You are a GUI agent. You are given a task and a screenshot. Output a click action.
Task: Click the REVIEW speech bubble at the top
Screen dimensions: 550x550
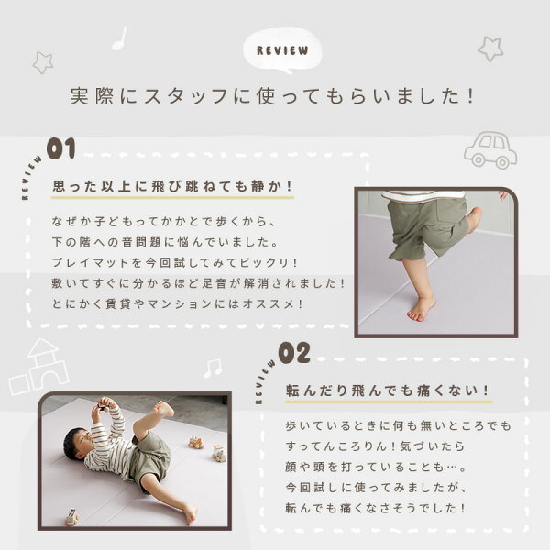pos(282,50)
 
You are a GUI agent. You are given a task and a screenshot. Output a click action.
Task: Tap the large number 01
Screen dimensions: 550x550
pos(61,148)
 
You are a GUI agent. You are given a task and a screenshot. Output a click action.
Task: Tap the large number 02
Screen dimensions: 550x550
pos(294,353)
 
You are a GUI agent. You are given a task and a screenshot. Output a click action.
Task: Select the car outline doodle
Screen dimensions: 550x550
pos(490,149)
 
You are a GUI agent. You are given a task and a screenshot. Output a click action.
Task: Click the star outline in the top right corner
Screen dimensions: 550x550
pos(490,49)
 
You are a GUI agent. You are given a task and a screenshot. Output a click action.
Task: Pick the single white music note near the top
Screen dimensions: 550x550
pos(119,38)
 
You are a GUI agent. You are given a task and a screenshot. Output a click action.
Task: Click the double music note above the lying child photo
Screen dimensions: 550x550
pos(213,368)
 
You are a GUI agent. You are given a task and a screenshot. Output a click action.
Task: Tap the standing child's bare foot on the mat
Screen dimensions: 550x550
pos(421,311)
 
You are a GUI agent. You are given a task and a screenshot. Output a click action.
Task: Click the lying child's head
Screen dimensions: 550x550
pos(78,444)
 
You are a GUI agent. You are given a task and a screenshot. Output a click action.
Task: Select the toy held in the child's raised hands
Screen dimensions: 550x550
pos(104,407)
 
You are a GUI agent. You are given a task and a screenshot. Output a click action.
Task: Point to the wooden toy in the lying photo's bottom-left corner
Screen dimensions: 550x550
pos(71,517)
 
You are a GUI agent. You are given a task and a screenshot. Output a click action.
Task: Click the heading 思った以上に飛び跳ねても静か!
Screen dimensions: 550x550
pos(172,186)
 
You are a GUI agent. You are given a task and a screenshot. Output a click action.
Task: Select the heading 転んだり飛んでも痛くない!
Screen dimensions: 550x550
pos(388,390)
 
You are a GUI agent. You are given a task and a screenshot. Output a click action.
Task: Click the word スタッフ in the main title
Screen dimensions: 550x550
pos(186,96)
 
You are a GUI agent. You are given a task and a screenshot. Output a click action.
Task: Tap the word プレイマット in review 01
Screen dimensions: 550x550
pos(91,263)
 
